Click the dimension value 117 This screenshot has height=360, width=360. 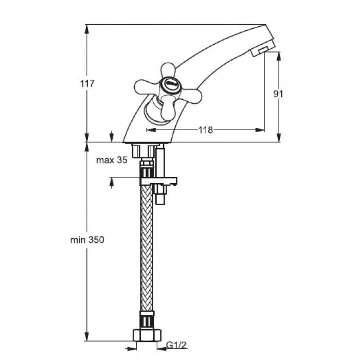point(87,83)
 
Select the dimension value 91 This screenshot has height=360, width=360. point(278,94)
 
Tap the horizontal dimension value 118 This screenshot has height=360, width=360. point(206,130)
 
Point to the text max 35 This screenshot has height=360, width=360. point(112,160)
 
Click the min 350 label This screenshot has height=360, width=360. point(87,240)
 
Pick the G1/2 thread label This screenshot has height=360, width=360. point(176,345)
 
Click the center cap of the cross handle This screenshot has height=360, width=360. point(170,84)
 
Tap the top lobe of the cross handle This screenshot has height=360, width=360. point(168,69)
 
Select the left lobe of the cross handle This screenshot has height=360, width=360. point(147,87)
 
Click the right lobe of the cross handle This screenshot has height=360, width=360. point(189,95)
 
